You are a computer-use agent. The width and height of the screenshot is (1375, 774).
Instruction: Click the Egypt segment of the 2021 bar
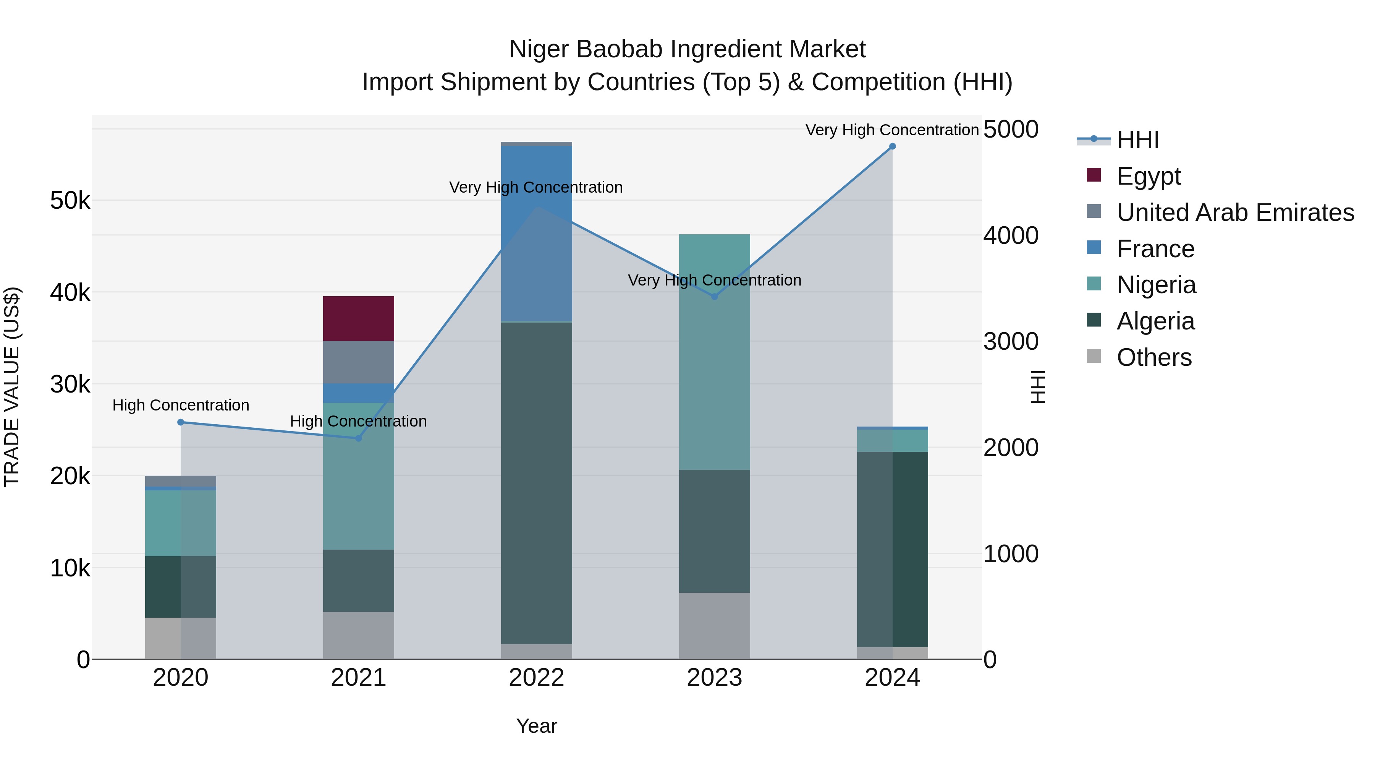[358, 318]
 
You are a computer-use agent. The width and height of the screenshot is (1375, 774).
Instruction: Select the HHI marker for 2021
[359, 438]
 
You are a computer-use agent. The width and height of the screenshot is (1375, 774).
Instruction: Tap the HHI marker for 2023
[715, 297]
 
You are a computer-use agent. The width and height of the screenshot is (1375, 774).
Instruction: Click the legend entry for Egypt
[1148, 176]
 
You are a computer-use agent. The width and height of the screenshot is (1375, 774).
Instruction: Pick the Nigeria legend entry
[1156, 285]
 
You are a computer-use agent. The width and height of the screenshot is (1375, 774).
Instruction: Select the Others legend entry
[1153, 357]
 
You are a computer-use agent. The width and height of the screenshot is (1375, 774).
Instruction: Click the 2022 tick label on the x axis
[537, 678]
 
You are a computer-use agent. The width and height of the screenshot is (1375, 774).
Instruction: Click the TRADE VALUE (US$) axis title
[12, 387]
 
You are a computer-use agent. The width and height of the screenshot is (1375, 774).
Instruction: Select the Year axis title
[537, 726]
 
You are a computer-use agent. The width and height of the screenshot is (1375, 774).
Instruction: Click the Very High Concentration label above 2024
[892, 130]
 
